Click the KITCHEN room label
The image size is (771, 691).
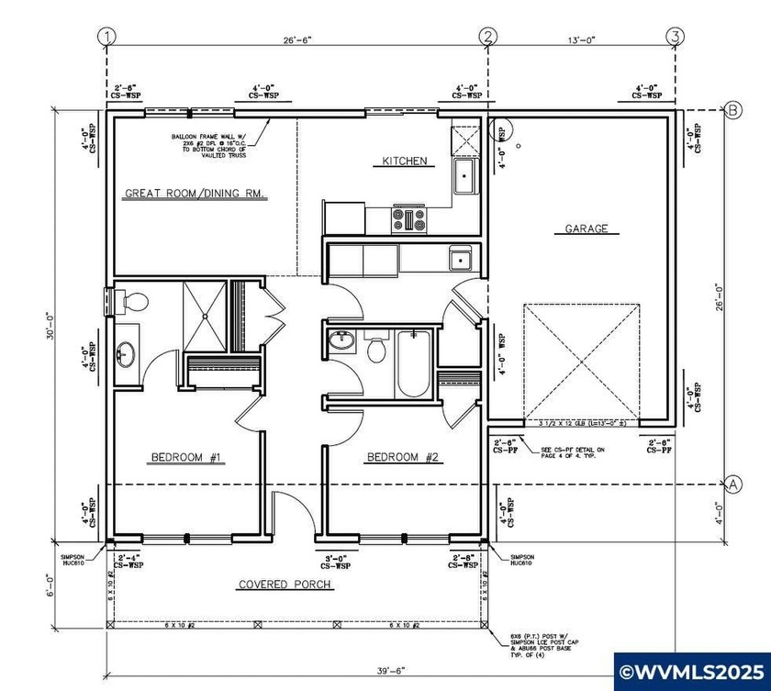click(x=404, y=162)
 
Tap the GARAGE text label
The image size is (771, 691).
click(x=586, y=228)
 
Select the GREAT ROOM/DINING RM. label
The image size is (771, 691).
click(x=196, y=194)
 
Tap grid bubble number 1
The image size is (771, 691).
click(x=108, y=37)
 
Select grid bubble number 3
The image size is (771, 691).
click(x=676, y=37)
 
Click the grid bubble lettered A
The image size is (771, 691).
click(x=734, y=484)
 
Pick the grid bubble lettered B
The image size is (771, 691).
click(x=734, y=110)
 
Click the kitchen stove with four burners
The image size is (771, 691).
click(x=409, y=219)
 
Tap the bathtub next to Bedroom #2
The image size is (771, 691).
click(x=413, y=363)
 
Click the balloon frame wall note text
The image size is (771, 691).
click(x=213, y=147)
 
